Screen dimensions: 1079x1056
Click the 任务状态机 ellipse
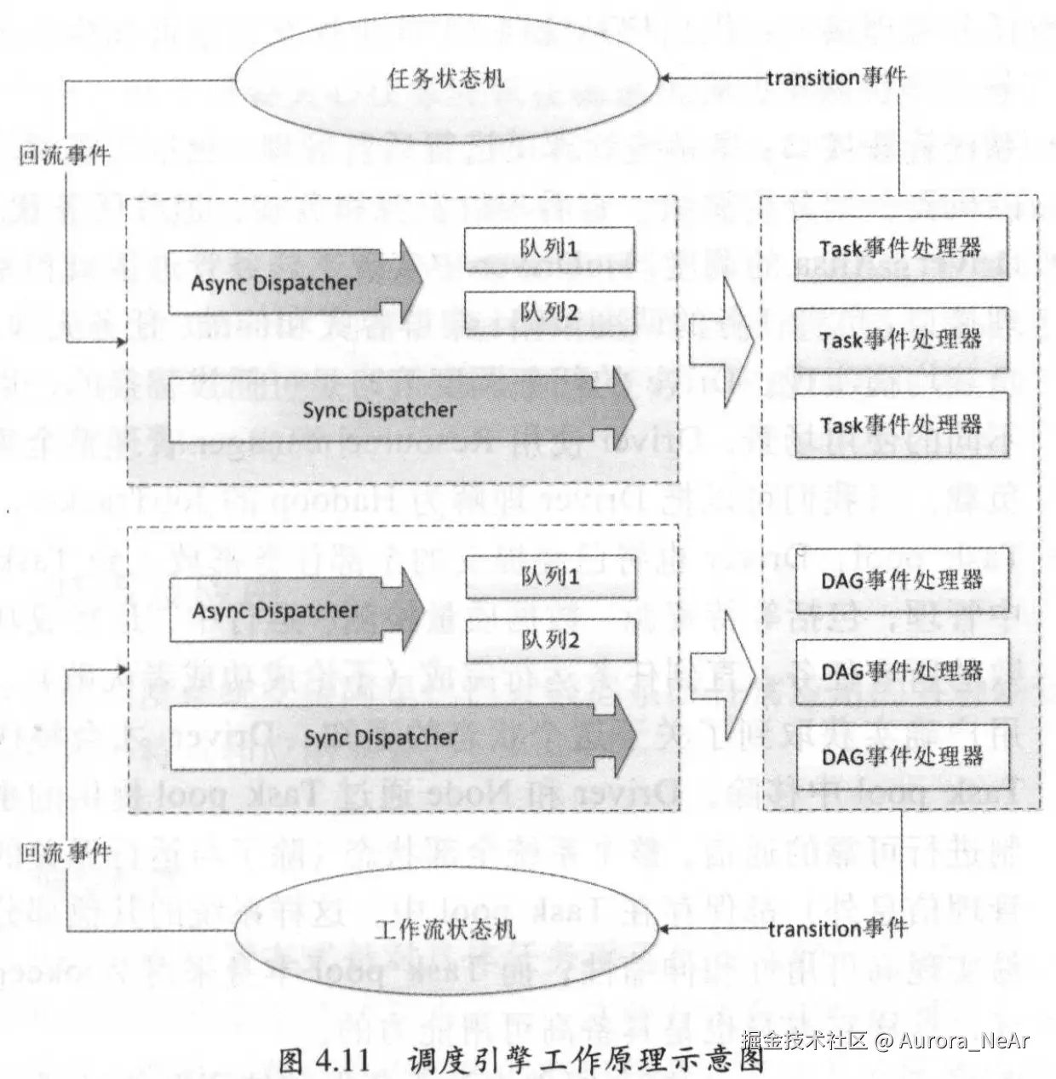(x=446, y=79)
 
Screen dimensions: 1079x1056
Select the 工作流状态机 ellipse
(x=446, y=928)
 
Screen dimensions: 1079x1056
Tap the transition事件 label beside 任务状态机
(x=836, y=77)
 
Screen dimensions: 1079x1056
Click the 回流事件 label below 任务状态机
(x=65, y=154)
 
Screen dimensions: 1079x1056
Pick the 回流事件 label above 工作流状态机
(x=66, y=852)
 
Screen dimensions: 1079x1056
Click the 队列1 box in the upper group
(x=549, y=248)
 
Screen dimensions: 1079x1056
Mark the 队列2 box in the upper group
(x=549, y=312)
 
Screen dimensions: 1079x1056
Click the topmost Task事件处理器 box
(x=900, y=248)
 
